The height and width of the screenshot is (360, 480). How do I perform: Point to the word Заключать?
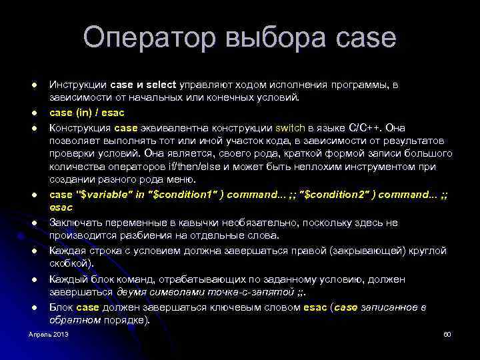pyautogui.click(x=76, y=223)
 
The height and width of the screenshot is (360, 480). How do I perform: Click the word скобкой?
pyautogui.click(x=68, y=263)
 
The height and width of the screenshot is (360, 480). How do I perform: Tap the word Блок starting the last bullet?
pyautogui.click(x=62, y=307)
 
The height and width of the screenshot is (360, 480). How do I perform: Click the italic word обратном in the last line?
pyautogui.click(x=74, y=320)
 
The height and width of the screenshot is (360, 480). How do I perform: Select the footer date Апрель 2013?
pyautogui.click(x=48, y=333)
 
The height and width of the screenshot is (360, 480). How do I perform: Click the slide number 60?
pyautogui.click(x=447, y=333)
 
